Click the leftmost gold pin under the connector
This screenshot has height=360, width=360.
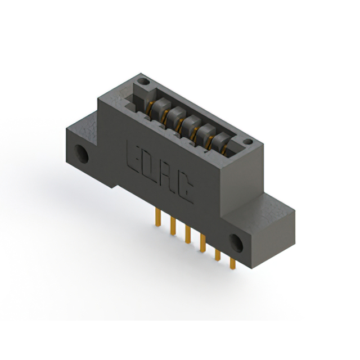click(x=158, y=217)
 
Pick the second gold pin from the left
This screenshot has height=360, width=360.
click(x=173, y=226)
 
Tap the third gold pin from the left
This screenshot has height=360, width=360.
click(x=188, y=235)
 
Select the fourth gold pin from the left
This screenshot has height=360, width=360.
click(x=202, y=243)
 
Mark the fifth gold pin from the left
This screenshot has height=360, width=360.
click(x=218, y=255)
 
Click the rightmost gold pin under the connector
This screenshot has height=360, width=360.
click(x=232, y=263)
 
